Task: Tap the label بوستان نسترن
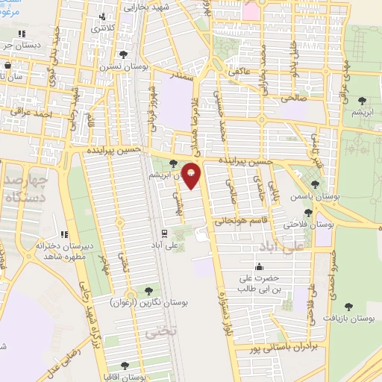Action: click(x=123, y=66)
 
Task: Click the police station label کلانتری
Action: click(x=104, y=28)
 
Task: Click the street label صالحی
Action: click(x=292, y=96)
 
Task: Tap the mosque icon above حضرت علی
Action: click(x=259, y=266)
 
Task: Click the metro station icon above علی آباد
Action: click(x=164, y=233)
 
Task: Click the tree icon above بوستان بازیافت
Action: click(x=349, y=304)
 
